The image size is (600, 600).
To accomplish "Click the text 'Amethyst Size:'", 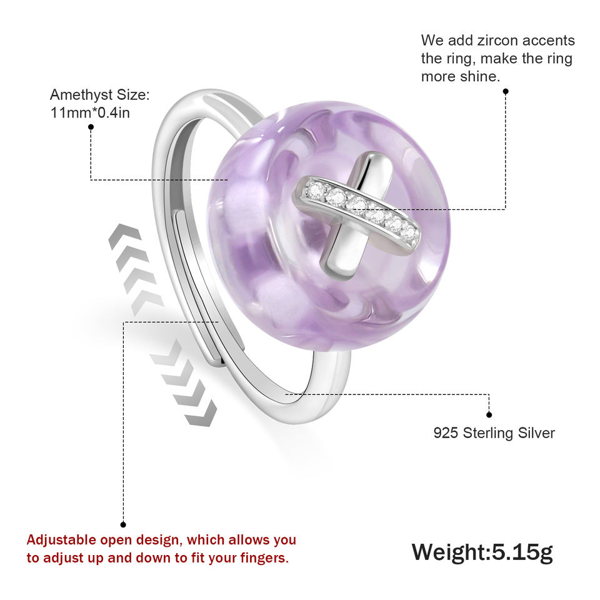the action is tap(99, 95).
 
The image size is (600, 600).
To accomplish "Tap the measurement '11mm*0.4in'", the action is tap(90, 112).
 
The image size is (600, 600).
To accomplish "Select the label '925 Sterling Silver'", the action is tap(494, 432).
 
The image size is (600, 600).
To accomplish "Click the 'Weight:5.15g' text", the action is tap(482, 552).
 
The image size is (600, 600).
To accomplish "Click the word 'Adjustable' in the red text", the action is tap(61, 539).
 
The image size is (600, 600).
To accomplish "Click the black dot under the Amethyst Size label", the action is tap(91, 127).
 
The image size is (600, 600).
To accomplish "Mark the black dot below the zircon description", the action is tap(506, 91).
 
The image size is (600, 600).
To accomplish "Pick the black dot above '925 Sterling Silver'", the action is tap(489, 414).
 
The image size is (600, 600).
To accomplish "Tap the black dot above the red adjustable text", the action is tap(123, 524).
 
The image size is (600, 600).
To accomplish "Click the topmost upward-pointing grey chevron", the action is tap(121, 235).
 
